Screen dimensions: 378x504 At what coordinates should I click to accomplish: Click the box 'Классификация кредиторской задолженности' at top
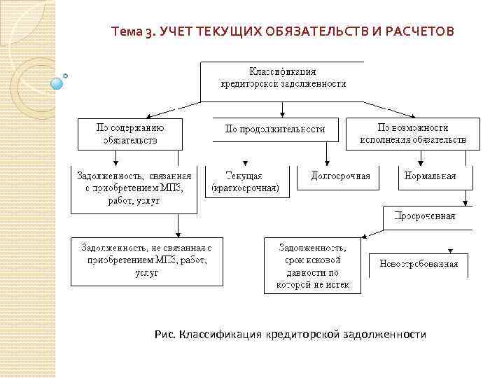(x=282, y=78)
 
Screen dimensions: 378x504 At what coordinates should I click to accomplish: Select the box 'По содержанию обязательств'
(x=129, y=134)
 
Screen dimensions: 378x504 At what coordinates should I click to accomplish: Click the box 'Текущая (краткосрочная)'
(x=246, y=182)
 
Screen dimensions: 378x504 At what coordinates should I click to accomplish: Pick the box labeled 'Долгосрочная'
(x=339, y=176)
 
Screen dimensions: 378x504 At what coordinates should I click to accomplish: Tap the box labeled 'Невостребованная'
(x=419, y=264)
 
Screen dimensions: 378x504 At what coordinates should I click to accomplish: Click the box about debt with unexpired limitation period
(x=311, y=265)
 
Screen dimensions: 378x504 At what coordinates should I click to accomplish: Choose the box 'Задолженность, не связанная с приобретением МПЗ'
(x=146, y=260)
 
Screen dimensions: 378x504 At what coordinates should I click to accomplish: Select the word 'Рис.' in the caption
(x=164, y=335)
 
